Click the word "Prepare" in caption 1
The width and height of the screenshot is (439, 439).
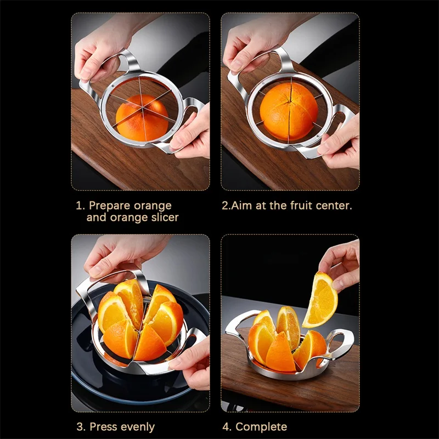pyautogui.click(x=109, y=206)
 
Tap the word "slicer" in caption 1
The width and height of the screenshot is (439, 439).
pyautogui.click(x=165, y=217)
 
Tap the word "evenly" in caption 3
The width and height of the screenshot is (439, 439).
pyautogui.click(x=138, y=427)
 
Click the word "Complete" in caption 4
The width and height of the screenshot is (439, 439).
pyautogui.click(x=261, y=427)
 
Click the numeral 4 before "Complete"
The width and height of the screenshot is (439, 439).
pyautogui.click(x=226, y=427)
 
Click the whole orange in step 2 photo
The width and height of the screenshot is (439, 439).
pyautogui.click(x=289, y=111)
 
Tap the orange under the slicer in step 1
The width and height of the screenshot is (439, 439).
pyautogui.click(x=142, y=118)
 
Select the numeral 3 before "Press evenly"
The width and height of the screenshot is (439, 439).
pyautogui.click(x=80, y=427)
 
